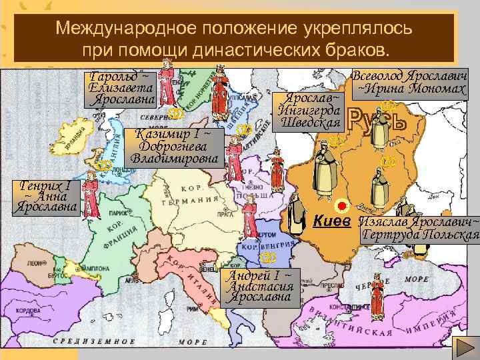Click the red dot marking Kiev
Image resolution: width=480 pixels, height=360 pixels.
click(x=342, y=205)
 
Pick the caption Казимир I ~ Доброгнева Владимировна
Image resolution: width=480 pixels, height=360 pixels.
click(x=174, y=147)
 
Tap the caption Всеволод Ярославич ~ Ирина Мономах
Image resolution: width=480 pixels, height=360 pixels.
click(x=410, y=81)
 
